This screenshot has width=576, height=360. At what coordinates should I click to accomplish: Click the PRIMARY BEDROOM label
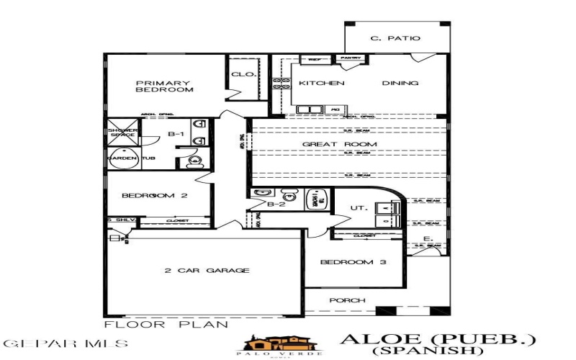click(165, 86)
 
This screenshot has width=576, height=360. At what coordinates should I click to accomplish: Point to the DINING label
click(400, 84)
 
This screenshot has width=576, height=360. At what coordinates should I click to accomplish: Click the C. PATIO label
click(395, 38)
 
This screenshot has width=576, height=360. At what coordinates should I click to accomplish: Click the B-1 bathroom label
click(176, 134)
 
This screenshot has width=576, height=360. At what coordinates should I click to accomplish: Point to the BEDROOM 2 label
click(154, 196)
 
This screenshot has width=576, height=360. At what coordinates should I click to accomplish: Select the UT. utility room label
click(359, 208)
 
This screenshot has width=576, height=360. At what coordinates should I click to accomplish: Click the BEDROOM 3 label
click(354, 262)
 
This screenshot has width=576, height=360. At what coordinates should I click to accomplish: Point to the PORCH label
click(347, 300)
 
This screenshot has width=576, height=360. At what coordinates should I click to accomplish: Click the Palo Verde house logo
click(277, 343)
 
